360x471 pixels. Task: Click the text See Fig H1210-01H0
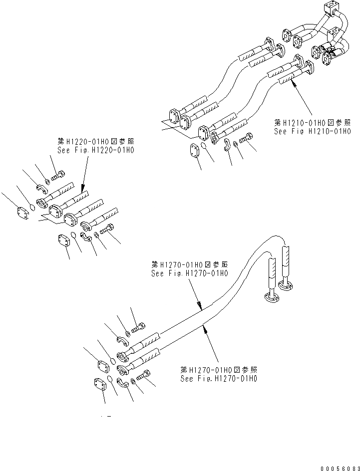pyautogui.click(x=311, y=131)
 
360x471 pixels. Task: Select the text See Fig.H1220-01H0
pyautogui.click(x=96, y=149)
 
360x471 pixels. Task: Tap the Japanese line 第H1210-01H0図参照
pyautogui.click(x=312, y=122)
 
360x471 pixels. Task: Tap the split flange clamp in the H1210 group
pyautogui.click(x=226, y=145)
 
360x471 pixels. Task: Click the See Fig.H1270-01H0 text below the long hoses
pyautogui.click(x=218, y=379)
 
